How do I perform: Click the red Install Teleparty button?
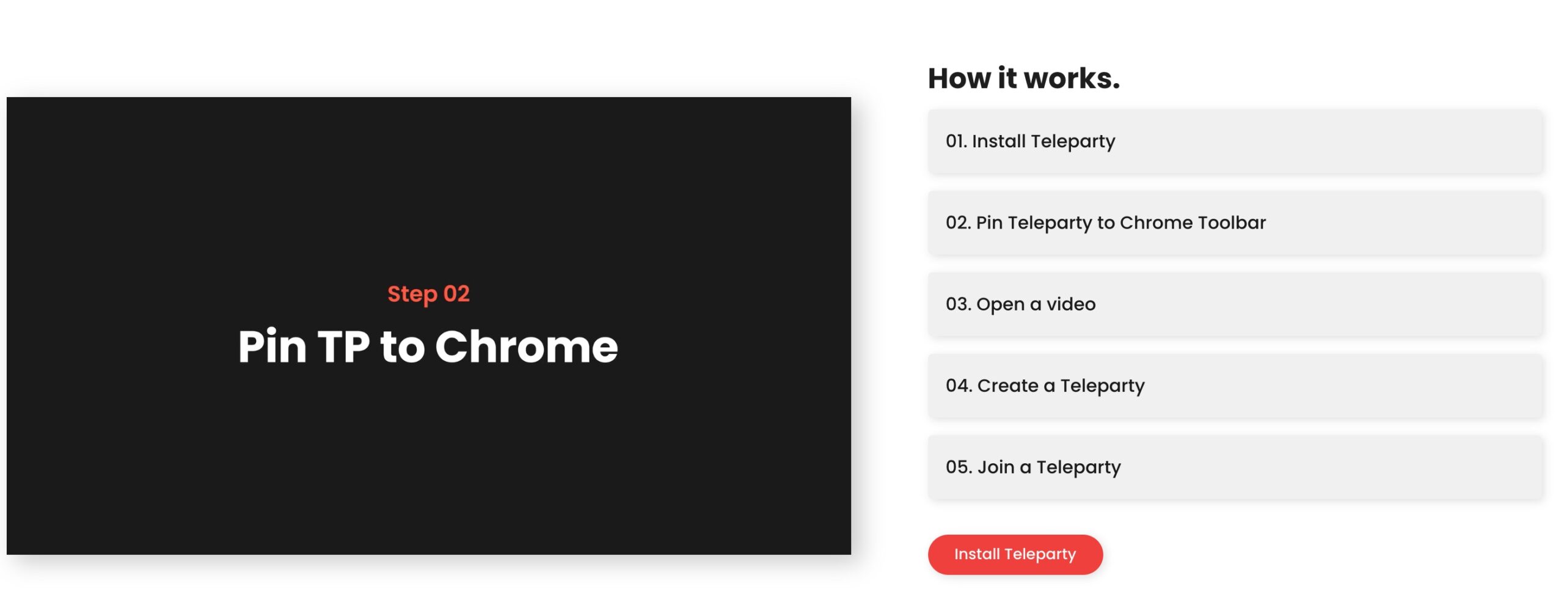1015,554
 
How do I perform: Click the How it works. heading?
1023,78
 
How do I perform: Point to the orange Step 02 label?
428,294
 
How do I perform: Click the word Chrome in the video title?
526,346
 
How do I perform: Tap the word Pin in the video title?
272,346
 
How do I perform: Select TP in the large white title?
343,346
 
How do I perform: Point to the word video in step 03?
1071,304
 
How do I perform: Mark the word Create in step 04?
1007,386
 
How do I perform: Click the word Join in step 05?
996,467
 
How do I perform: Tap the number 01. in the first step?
956,141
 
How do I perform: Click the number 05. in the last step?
958,467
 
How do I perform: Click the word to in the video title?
402,346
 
